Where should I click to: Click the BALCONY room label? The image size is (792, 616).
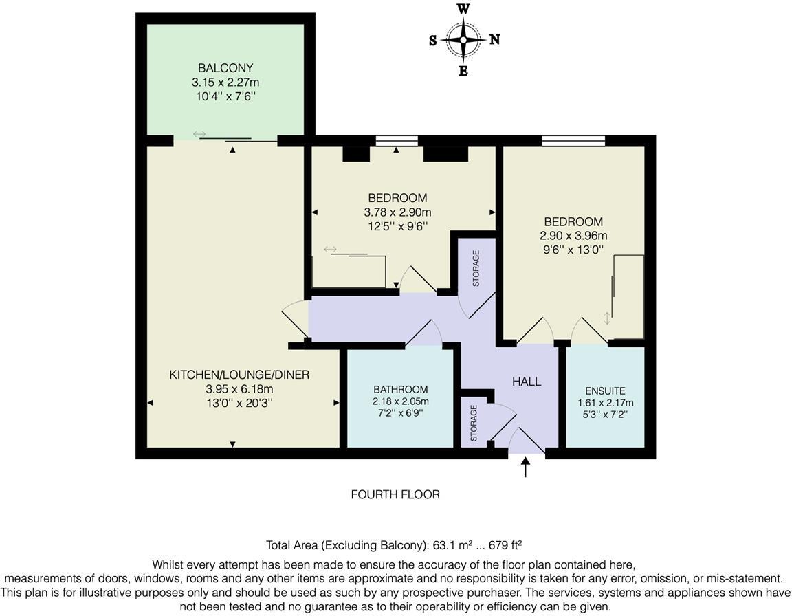click(225, 68)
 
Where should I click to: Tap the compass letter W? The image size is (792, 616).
click(463, 9)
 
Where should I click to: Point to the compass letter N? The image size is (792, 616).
click(494, 39)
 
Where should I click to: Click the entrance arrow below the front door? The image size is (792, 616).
click(527, 467)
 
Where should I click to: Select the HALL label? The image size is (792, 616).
click(527, 382)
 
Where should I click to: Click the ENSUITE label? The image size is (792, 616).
click(605, 391)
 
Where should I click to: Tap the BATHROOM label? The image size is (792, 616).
click(400, 389)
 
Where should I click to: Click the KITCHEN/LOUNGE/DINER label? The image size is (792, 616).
click(239, 375)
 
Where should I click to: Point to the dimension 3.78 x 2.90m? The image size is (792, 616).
click(397, 212)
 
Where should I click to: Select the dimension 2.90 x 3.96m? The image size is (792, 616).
click(573, 236)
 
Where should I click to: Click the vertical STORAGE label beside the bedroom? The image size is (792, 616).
click(475, 268)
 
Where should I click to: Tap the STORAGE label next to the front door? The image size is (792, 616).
click(474, 422)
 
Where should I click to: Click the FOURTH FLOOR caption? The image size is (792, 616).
click(395, 494)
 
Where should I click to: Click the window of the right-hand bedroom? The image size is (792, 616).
click(573, 141)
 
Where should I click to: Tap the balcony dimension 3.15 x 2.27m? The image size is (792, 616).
click(225, 82)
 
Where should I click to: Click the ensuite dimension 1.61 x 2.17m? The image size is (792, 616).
click(605, 403)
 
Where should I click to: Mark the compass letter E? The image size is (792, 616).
click(463, 71)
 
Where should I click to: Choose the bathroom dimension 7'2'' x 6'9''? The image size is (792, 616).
click(400, 413)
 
